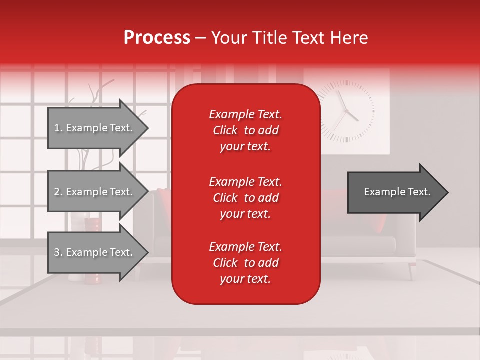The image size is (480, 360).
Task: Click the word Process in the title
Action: [x=157, y=38]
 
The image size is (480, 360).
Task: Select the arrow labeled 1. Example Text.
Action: [x=95, y=128]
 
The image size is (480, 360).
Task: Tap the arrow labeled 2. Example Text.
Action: [x=95, y=192]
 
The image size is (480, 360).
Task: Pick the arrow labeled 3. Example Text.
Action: [x=95, y=252]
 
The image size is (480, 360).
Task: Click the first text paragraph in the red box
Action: [x=245, y=130]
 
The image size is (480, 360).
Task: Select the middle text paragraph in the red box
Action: [x=245, y=197]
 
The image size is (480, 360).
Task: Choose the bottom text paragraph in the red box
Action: [x=245, y=263]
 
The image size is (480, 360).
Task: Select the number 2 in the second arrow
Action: [x=57, y=192]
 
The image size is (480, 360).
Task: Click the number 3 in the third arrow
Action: [x=57, y=252]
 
